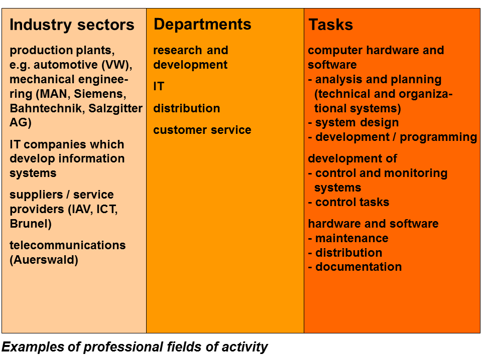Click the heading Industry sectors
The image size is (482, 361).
click(x=72, y=25)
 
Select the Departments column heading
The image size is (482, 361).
click(x=202, y=24)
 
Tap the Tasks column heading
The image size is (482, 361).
click(x=331, y=25)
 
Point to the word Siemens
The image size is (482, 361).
click(x=100, y=94)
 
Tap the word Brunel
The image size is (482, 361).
click(x=29, y=224)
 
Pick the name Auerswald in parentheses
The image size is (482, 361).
click(x=46, y=260)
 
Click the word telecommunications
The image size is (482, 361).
click(x=68, y=245)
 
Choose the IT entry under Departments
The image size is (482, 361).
click(x=159, y=86)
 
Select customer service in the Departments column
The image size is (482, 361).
click(x=202, y=130)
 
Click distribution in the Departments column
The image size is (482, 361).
click(x=187, y=108)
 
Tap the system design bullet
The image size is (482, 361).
click(x=353, y=122)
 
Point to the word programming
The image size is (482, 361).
click(x=438, y=137)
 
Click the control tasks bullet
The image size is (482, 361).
click(x=348, y=202)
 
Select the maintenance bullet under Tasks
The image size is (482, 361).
click(x=348, y=238)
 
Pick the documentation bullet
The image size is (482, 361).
click(x=355, y=267)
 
